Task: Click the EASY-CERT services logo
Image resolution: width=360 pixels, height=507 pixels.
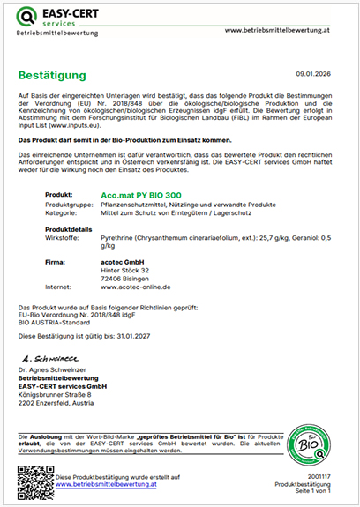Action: tap(54, 18)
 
